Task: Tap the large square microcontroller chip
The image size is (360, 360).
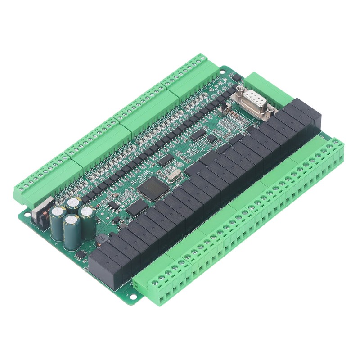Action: click(153, 189)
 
